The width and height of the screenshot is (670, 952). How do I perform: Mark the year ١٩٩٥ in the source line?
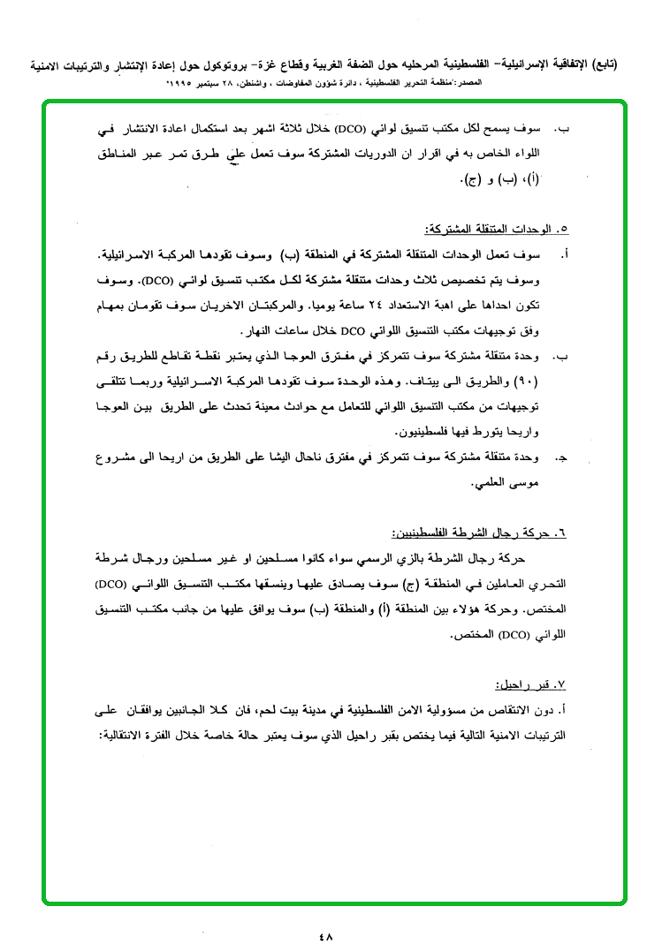(x=188, y=81)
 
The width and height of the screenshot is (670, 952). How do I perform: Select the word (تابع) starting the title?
(x=601, y=64)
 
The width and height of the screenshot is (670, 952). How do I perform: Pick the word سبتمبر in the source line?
(x=225, y=81)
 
